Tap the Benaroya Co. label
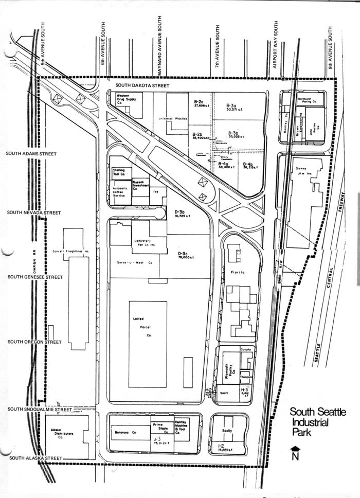point(125,433)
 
